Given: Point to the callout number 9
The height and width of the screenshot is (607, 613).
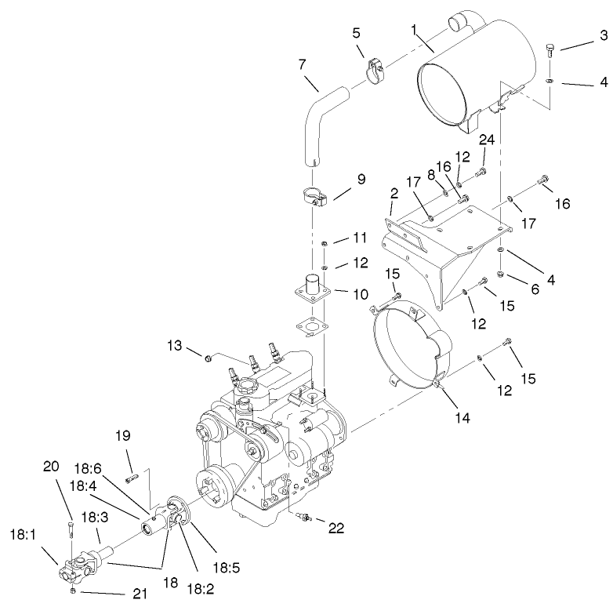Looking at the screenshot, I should [361, 179].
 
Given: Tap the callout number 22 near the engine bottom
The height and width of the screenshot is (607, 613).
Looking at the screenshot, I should [336, 529].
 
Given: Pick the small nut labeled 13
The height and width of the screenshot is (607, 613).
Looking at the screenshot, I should [209, 358].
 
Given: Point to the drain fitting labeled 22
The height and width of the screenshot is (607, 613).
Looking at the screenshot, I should [306, 517].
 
